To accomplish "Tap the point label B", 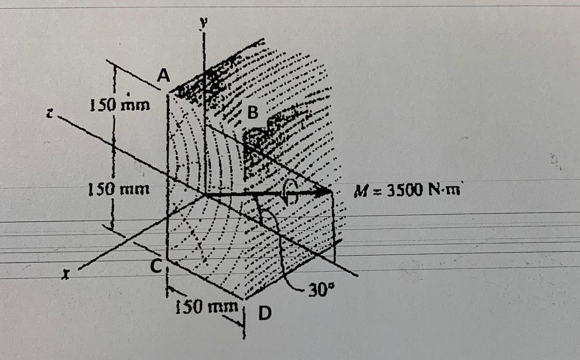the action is coord(252,113).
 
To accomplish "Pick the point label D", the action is coord(265,314).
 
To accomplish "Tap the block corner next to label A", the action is coord(169,93).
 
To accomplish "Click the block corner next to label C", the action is coord(168,259).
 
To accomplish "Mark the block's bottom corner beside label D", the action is coord(243,299).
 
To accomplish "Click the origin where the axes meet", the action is coord(205,194).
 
